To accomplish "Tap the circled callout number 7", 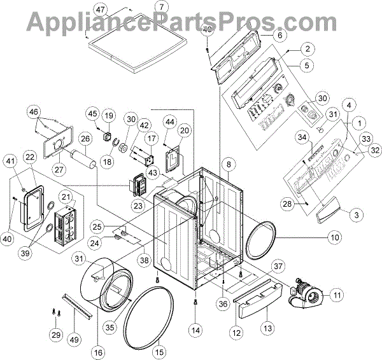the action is pyautogui.click(x=161, y=7).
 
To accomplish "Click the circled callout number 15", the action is pyautogui.click(x=159, y=349).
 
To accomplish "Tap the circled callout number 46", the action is pyautogui.click(x=33, y=113).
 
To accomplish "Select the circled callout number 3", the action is pyautogui.click(x=358, y=215).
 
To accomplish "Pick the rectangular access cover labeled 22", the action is pyautogui.click(x=32, y=203).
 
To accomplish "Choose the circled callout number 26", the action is pyautogui.click(x=85, y=137).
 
